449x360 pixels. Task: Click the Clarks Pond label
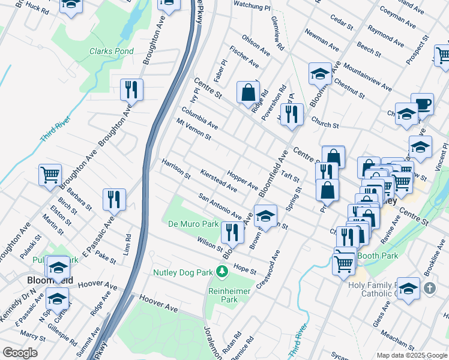112,52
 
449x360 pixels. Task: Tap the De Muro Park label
193,224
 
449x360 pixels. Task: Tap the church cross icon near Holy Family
429,289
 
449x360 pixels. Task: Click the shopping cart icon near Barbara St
50,175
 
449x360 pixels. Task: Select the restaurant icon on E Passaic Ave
114,199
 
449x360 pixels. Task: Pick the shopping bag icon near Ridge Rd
248,92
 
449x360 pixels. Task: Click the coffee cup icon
422,104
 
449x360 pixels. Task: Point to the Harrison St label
175,169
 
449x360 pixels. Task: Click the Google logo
20,353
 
